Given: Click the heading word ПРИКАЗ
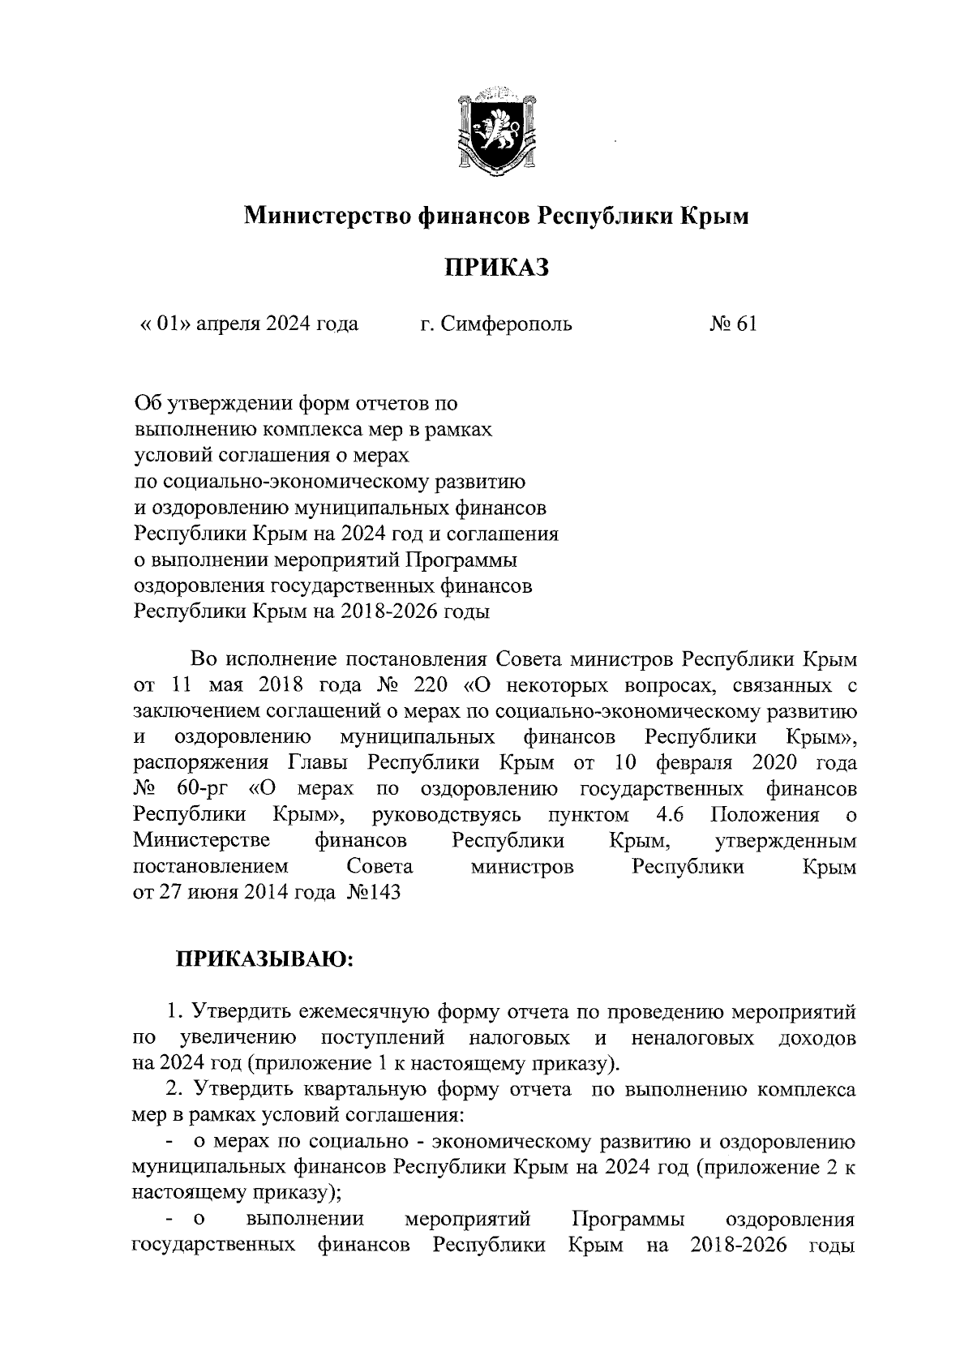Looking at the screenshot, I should point(495,267).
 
